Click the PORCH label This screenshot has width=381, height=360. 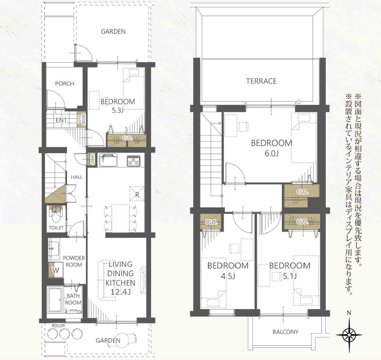pyautogui.click(x=65, y=84)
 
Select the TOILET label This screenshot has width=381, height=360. pyautogui.click(x=56, y=228)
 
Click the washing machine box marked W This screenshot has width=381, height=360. pyautogui.click(x=56, y=270)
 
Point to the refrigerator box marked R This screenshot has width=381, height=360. pyautogui.click(x=137, y=194)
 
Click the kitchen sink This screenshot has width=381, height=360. pyautogui.click(x=108, y=160)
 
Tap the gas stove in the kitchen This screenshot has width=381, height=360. pyautogui.click(x=134, y=160)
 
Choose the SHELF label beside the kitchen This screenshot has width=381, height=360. pyautogui.click(x=92, y=159)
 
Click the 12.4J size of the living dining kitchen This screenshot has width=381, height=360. pyautogui.click(x=120, y=292)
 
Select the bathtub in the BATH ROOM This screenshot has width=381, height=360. pyautogui.click(x=56, y=300)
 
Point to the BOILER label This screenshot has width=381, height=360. pyautogui.click(x=58, y=325)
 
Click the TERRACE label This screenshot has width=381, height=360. pyautogui.click(x=261, y=81)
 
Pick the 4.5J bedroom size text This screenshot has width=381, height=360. pyautogui.click(x=228, y=276)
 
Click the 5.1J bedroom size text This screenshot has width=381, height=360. pyautogui.click(x=290, y=276)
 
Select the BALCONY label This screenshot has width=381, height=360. pyautogui.click(x=285, y=332)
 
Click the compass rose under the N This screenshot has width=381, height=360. pyautogui.click(x=349, y=335)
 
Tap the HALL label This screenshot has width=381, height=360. pyautogui.click(x=76, y=177)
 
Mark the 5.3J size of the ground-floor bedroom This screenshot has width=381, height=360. pyautogui.click(x=117, y=111)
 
